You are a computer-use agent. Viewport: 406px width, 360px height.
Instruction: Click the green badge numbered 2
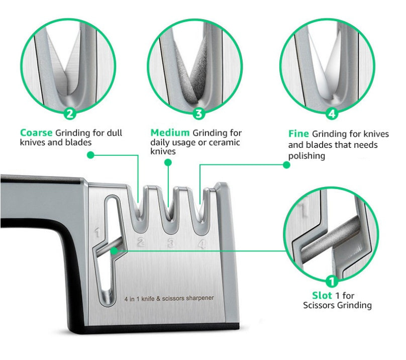(x=70, y=114)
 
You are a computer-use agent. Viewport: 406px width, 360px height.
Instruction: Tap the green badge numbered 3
(x=199, y=114)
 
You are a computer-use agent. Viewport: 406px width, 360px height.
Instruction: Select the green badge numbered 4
(x=331, y=114)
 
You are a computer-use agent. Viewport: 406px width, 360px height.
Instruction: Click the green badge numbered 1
(x=332, y=281)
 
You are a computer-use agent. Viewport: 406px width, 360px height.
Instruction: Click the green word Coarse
(x=36, y=133)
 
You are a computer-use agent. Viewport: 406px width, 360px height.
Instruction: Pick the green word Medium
(x=170, y=133)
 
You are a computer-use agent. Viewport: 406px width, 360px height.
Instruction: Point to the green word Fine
(x=298, y=134)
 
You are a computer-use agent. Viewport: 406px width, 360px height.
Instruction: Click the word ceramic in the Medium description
(x=226, y=143)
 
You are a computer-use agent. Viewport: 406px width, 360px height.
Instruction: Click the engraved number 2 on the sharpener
(x=141, y=242)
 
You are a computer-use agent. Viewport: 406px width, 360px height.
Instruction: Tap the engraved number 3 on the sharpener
(x=171, y=244)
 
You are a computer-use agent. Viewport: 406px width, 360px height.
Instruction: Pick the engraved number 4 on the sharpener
(x=202, y=245)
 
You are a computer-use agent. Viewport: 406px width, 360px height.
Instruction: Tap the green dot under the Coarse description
(x=90, y=155)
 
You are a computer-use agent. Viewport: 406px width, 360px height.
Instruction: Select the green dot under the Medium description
(x=168, y=163)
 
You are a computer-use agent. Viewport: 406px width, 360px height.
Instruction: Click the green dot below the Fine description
(x=286, y=164)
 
